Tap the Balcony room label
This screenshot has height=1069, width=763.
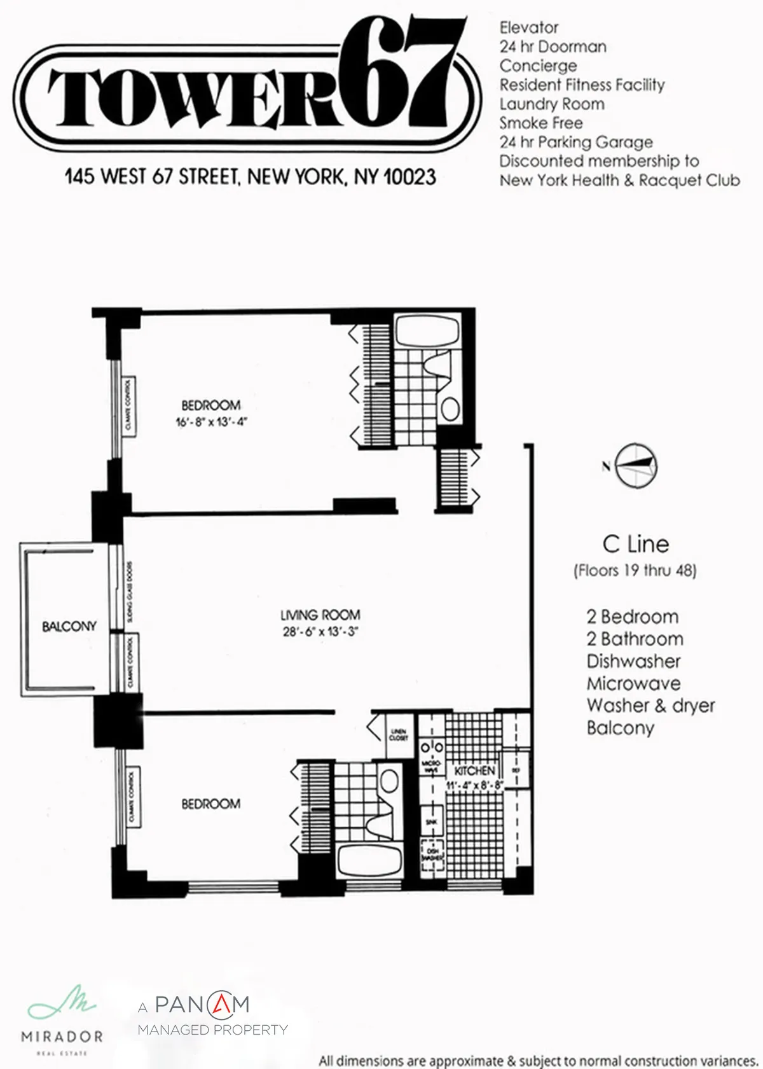69,626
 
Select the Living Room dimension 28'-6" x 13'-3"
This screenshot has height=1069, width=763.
320,632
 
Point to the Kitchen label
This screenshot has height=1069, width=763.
474,771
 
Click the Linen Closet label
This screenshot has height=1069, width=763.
399,735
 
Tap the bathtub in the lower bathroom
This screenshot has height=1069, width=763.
370,862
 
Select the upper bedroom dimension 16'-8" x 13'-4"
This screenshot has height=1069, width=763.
210,421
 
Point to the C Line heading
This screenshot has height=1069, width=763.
635,544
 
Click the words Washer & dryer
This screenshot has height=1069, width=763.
650,705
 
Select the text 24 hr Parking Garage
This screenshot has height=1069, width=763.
575,142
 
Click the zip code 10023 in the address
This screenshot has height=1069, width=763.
409,176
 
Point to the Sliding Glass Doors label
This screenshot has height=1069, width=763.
130,592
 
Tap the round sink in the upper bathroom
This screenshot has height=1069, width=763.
450,408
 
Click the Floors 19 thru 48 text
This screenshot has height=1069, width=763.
635,570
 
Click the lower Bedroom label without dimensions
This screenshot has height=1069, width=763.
210,804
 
